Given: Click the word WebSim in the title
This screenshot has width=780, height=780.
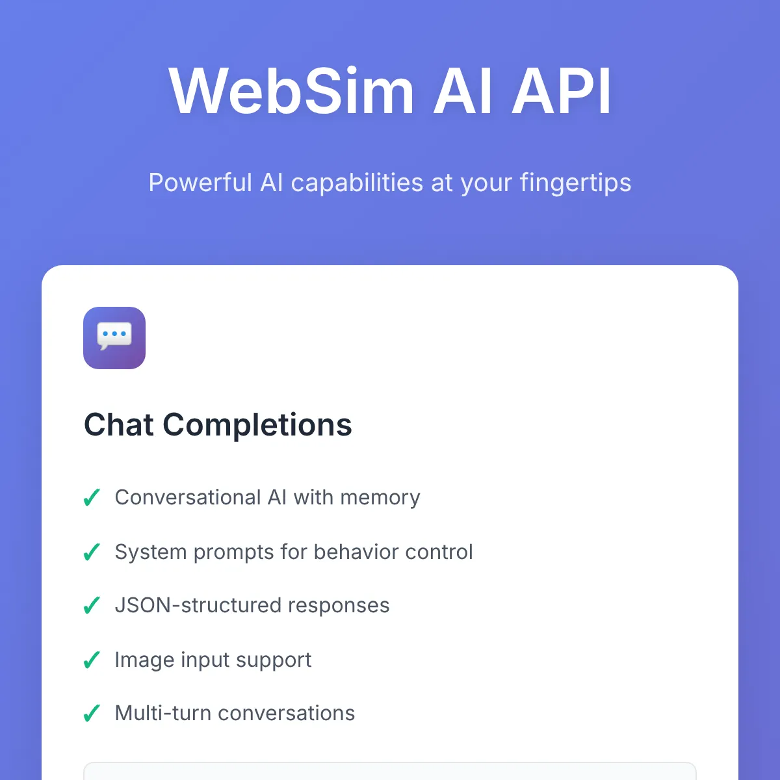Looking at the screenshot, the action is pos(292,91).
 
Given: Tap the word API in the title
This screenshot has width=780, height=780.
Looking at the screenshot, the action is pos(562,91).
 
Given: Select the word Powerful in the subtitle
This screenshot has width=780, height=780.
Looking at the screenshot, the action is pos(200,182).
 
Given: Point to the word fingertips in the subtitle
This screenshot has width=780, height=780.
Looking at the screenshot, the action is pos(576,183).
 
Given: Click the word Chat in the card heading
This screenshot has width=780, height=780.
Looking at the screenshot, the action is pos(118,425).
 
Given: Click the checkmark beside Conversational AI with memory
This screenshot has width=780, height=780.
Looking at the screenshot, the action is pos(92,497).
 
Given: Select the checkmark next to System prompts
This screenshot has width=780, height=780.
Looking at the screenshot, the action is pos(92,552).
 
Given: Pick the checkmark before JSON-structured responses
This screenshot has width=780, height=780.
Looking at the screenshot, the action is pos(92,605).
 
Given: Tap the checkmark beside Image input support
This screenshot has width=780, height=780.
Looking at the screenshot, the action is pos(92,660).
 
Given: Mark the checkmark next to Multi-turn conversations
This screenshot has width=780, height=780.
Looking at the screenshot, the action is pos(92,713).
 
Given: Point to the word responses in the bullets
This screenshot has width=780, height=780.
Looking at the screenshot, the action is pos(339,606).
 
